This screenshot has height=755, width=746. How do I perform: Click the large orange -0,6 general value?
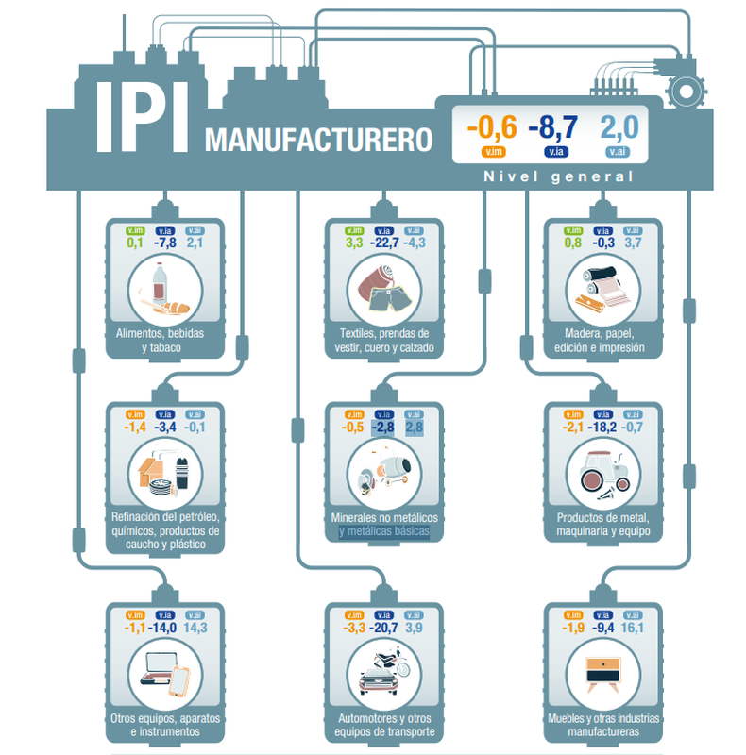(x=493, y=127)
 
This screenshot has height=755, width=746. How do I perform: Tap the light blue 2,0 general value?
(x=619, y=127)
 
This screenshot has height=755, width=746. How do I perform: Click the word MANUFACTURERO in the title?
(x=318, y=140)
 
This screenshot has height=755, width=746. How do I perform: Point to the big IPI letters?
(x=142, y=119)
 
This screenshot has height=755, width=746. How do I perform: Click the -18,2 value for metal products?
(x=602, y=428)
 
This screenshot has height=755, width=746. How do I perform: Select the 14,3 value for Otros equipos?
(x=195, y=628)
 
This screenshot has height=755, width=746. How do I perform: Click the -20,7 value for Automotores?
(x=383, y=628)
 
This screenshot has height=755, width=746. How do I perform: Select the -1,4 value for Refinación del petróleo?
(x=134, y=428)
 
